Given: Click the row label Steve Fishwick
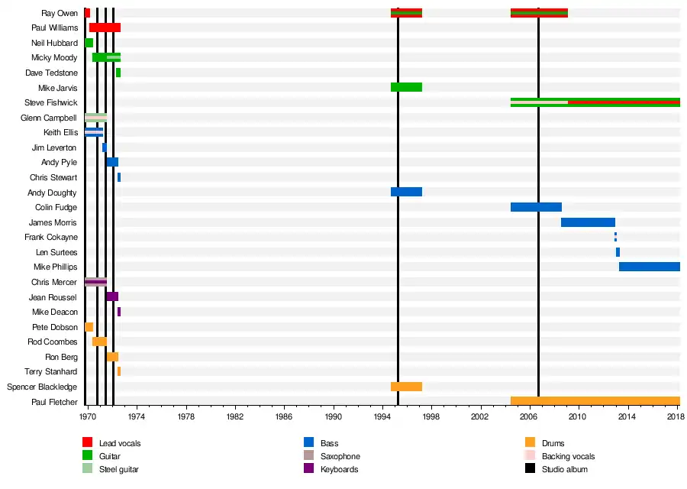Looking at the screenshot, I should point(51,102).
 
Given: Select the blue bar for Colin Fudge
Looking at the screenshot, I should point(536,207).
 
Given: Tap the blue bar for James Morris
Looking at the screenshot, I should point(588,222).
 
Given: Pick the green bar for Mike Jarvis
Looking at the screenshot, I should point(406,87).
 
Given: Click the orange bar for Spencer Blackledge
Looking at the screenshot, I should point(406,387).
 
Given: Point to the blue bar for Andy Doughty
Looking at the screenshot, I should point(406,192).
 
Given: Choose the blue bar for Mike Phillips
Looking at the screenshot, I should point(649,267).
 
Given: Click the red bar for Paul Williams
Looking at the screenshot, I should point(105,28).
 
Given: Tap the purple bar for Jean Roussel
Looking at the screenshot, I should point(112,296).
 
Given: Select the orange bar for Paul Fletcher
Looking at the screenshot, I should point(595,401).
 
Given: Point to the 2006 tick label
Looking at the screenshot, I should point(529,418).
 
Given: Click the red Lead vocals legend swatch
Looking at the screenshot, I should point(87,442).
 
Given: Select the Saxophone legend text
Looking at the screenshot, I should point(340,456).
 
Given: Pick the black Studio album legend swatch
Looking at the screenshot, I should point(530,468).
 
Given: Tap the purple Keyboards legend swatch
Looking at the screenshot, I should point(308,468).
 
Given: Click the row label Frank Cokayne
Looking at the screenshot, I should point(51,237).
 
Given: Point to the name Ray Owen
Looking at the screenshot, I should point(59,13).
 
